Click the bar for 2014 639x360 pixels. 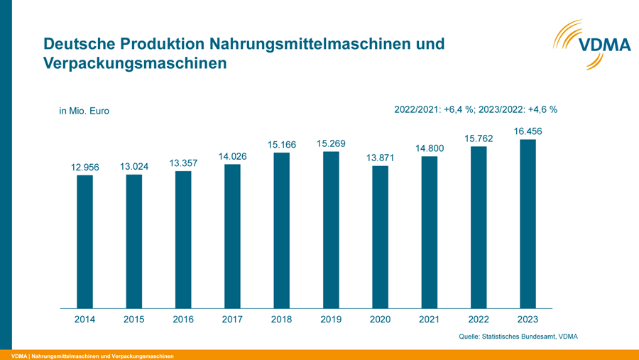click(x=84, y=241)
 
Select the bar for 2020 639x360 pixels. click(x=380, y=236)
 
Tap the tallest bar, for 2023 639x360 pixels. click(x=528, y=224)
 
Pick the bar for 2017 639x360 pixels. click(x=232, y=236)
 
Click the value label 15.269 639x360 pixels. click(x=331, y=144)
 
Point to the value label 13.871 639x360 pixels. click(x=381, y=158)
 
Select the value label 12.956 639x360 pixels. click(x=85, y=168)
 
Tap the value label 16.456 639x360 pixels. click(x=528, y=131)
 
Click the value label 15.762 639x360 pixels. click(x=479, y=138)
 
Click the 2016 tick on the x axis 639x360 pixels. click(x=183, y=320)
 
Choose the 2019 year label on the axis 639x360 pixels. click(x=331, y=320)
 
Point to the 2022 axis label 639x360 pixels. click(x=479, y=320)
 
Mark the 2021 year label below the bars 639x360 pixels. click(x=429, y=320)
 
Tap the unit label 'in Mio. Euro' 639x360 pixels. click(x=84, y=111)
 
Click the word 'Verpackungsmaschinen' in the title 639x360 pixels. click(x=135, y=62)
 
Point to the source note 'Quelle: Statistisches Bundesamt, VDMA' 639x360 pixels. click(x=518, y=336)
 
